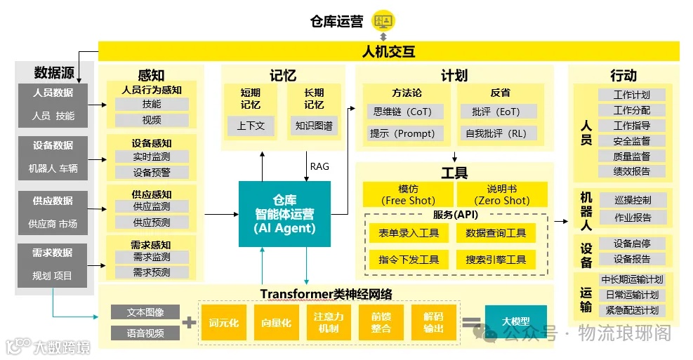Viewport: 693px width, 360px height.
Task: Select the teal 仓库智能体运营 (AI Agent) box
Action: (284, 213)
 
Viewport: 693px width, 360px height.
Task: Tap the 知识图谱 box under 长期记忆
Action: (314, 126)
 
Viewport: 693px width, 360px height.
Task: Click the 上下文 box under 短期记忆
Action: (251, 126)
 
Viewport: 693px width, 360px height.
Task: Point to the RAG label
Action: (319, 166)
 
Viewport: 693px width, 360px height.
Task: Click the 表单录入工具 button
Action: (409, 234)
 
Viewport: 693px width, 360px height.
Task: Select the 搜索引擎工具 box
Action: (496, 260)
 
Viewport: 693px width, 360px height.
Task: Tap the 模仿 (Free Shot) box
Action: (407, 194)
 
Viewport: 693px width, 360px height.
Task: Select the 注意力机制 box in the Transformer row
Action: (329, 323)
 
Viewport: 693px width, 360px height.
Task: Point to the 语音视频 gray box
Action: (145, 333)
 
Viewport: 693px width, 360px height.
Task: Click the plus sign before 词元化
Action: (189, 323)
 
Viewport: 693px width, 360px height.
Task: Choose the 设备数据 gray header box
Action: (53, 145)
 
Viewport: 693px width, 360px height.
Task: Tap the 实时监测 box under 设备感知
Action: (152, 156)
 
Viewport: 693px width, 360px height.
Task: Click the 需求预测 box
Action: (152, 272)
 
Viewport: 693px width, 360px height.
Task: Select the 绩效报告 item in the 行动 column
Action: (632, 171)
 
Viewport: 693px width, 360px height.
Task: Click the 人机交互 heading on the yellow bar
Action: (388, 51)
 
